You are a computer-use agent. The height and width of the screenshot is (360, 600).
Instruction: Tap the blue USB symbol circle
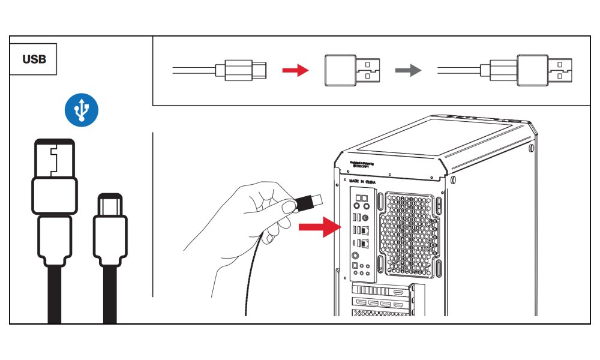(x=82, y=110)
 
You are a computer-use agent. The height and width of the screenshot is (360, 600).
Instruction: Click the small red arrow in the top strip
(x=295, y=71)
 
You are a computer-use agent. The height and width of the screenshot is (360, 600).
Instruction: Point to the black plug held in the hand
(x=307, y=202)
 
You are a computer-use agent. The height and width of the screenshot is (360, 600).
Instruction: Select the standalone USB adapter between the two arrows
(x=352, y=71)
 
